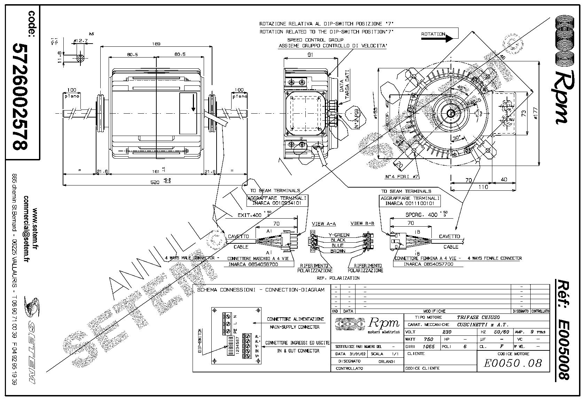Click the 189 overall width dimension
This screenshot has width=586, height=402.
click(157, 44)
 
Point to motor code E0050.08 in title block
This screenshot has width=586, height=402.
click(513, 363)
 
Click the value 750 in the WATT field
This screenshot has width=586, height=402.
click(428, 339)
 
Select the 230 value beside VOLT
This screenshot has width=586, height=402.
click(446, 332)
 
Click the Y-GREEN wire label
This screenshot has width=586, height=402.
click(339, 235)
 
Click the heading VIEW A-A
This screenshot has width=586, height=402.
click(324, 223)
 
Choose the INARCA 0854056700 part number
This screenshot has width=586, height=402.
click(253, 264)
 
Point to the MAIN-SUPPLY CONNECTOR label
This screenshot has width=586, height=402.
click(295, 327)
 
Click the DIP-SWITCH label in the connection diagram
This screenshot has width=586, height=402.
click(200, 342)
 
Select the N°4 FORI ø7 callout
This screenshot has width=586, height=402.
click(401, 177)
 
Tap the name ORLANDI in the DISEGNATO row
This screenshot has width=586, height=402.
click(386, 362)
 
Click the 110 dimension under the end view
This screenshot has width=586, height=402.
click(483, 187)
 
